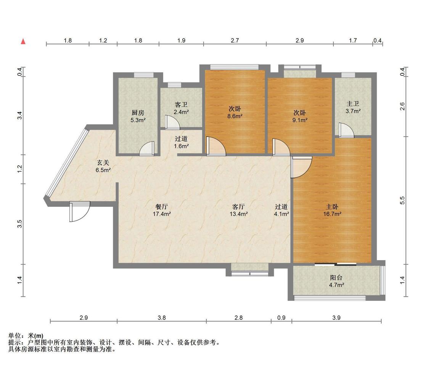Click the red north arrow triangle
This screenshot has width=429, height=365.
tap(24, 41)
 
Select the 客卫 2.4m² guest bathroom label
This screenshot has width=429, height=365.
tap(181, 108)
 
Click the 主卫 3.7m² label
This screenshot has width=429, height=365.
tap(353, 107)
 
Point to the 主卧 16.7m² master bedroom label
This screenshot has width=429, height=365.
tap(332, 210)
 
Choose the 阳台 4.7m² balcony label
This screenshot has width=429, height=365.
tap(336, 281)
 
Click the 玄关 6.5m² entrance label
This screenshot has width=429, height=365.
tap(103, 166)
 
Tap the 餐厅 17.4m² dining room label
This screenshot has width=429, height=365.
tap(162, 210)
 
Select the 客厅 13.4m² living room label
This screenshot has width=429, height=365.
tap(239, 210)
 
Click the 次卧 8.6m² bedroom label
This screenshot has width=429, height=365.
tap(235, 113)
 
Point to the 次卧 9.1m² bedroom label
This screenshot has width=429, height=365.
tap(300, 116)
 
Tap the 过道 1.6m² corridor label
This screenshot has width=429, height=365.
tap(182, 142)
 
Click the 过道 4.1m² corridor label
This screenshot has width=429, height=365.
tap(281, 210)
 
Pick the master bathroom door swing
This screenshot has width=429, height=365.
tap(346, 130)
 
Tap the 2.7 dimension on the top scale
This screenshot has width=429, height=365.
tap(235, 40)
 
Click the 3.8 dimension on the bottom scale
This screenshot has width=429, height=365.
tap(162, 318)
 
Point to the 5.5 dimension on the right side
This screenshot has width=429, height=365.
tap(402, 201)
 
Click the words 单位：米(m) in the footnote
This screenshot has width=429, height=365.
tap(26, 336)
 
